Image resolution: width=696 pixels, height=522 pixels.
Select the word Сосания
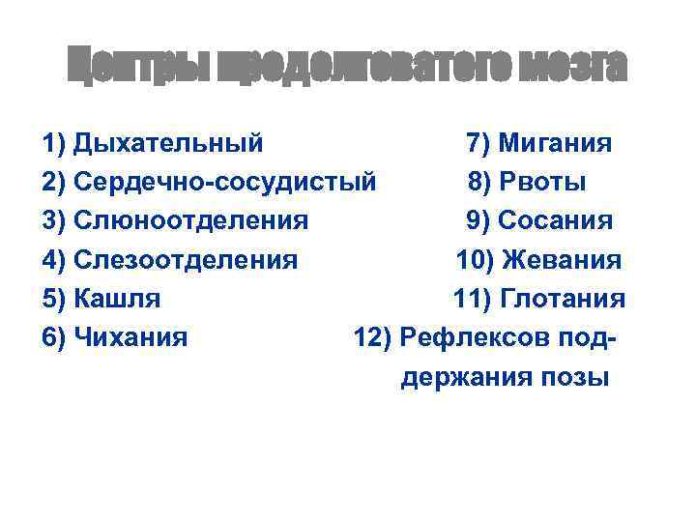click(x=555, y=220)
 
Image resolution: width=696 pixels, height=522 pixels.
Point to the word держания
click(x=461, y=376)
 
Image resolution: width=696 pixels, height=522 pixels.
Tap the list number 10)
click(x=473, y=260)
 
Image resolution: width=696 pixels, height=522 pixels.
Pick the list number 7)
click(x=478, y=144)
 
